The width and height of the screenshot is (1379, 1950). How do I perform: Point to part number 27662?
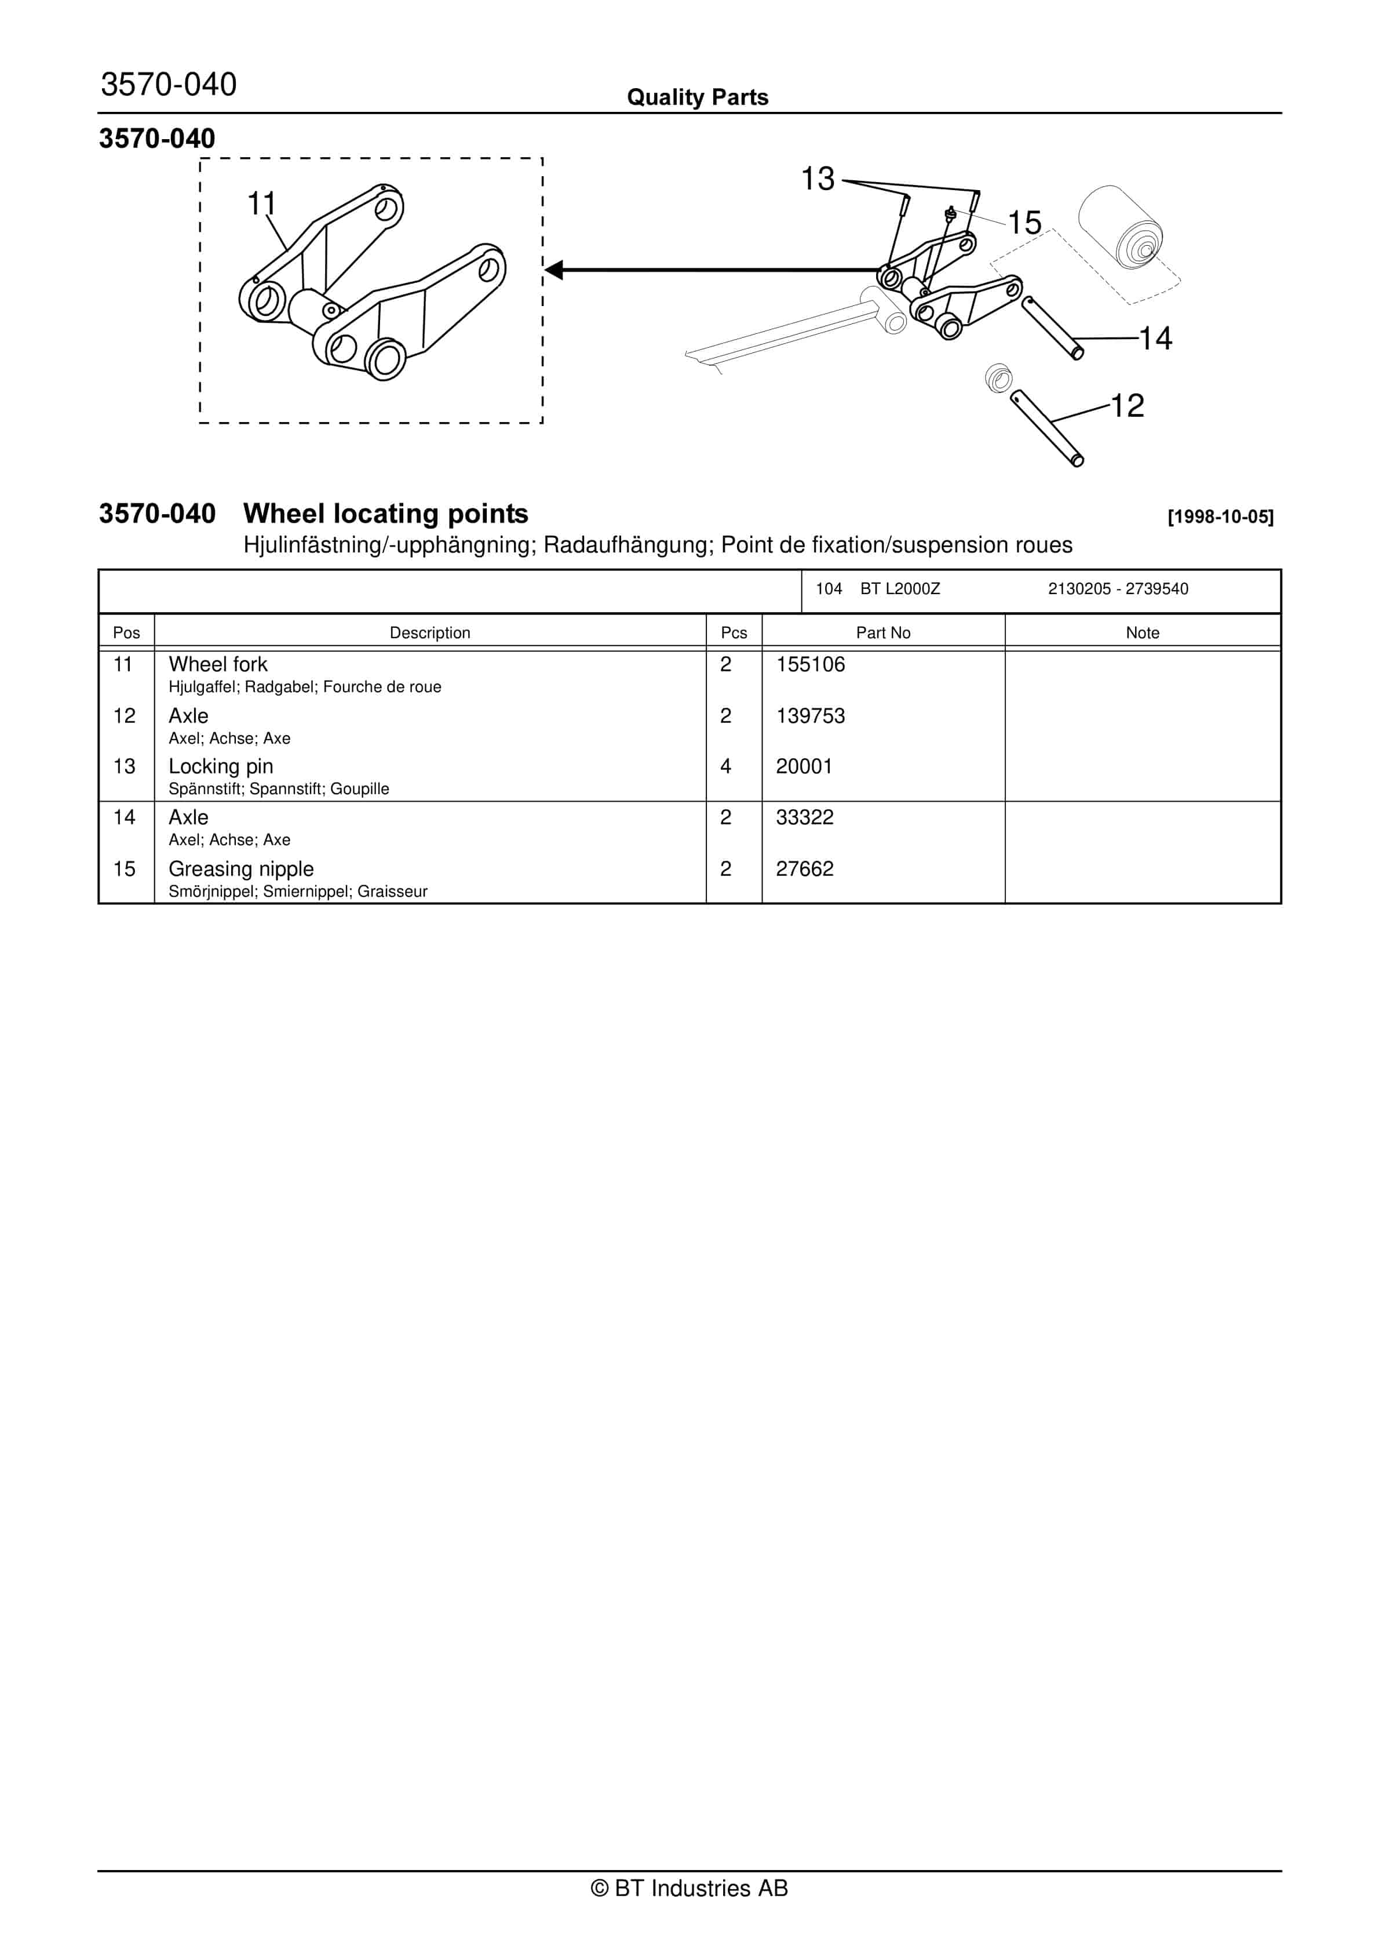[804, 869]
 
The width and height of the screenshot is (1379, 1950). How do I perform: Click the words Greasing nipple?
[241, 869]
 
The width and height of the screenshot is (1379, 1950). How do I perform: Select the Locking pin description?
[221, 766]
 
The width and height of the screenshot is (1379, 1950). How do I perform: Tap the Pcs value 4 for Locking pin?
[725, 766]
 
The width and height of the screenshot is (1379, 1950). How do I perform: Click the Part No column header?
[883, 633]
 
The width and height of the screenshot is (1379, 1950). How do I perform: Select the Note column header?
[1142, 633]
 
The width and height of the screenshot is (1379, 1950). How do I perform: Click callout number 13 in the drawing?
[818, 179]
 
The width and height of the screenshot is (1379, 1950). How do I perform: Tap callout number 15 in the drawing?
[1024, 223]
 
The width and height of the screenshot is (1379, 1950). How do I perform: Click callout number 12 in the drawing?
[1128, 405]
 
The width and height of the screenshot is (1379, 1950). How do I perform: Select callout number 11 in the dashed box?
[261, 204]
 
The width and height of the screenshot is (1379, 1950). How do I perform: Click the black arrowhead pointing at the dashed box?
[554, 270]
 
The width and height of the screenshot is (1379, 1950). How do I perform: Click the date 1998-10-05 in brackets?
[1220, 516]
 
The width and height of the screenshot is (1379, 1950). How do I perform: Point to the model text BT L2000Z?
[900, 588]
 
